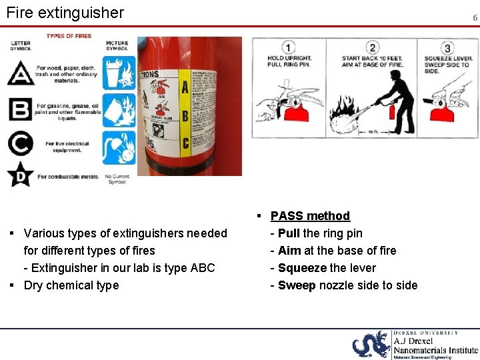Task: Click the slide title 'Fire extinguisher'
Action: [x=65, y=13]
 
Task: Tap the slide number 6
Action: [x=475, y=18]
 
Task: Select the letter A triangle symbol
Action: [x=21, y=73]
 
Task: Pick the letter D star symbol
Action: [x=21, y=175]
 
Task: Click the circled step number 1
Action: [x=289, y=47]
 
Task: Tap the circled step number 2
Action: [x=373, y=47]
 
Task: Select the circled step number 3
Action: [x=447, y=48]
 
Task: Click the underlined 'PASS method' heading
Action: [x=310, y=215]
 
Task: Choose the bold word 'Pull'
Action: [x=289, y=233]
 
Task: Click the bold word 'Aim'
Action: [x=289, y=251]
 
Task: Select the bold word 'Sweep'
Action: [x=297, y=285]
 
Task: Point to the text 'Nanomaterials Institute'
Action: [x=435, y=350]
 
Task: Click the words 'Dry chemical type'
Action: [x=71, y=285]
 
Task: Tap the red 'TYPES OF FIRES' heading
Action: [x=69, y=36]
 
